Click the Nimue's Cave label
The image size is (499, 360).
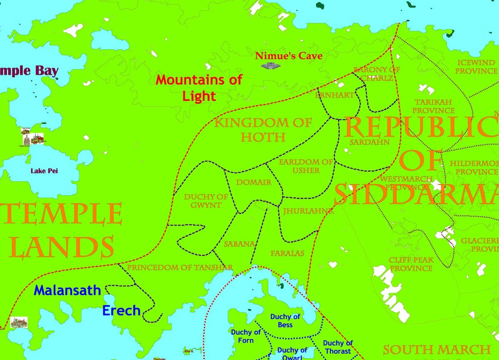(x=289, y=56)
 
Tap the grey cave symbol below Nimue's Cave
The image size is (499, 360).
(x=268, y=66)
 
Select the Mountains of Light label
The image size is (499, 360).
(x=199, y=88)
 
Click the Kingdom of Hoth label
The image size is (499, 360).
(x=263, y=129)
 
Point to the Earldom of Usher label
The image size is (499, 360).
(x=306, y=166)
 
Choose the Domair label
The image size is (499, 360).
(x=254, y=182)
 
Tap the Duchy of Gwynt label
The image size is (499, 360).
(x=206, y=201)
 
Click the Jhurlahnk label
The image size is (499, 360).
(x=308, y=211)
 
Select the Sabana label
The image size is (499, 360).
(x=239, y=244)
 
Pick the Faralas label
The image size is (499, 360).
(x=287, y=253)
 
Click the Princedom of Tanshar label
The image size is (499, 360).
(x=180, y=268)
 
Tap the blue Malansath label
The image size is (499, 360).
(x=67, y=290)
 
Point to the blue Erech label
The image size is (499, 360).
(x=121, y=310)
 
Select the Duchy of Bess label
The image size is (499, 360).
(x=285, y=320)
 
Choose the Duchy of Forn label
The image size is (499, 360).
(x=246, y=336)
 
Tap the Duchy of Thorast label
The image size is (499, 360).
(x=338, y=347)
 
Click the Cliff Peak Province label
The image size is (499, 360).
(x=411, y=264)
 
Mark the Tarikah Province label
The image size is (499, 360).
(x=433, y=106)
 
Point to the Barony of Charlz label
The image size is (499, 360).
(x=376, y=74)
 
